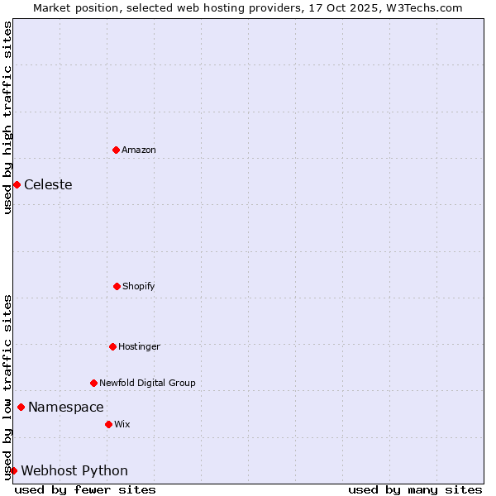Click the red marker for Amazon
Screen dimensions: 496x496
coord(116,150)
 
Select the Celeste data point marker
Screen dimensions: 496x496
coord(17,184)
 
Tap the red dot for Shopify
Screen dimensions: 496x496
coord(117,286)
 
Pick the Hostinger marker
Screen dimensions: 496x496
coord(112,346)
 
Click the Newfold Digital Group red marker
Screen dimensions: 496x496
coord(93,383)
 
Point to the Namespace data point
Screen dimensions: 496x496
coord(21,407)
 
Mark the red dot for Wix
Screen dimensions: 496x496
coord(108,424)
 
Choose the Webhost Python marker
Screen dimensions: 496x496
coord(13,470)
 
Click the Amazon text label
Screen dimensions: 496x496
coord(139,150)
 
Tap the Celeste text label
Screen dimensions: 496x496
coord(48,184)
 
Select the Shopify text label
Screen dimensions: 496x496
coord(139,286)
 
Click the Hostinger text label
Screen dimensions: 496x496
coord(139,346)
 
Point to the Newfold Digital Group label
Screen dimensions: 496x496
coord(147,383)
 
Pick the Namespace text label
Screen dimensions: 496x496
coord(66,407)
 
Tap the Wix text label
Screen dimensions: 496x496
coord(122,424)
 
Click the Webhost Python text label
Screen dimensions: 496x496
coord(74,470)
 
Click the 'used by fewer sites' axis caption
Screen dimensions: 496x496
coord(85,489)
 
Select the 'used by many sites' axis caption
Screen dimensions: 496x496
coord(415,489)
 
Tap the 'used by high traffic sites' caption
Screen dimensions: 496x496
coord(7,117)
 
